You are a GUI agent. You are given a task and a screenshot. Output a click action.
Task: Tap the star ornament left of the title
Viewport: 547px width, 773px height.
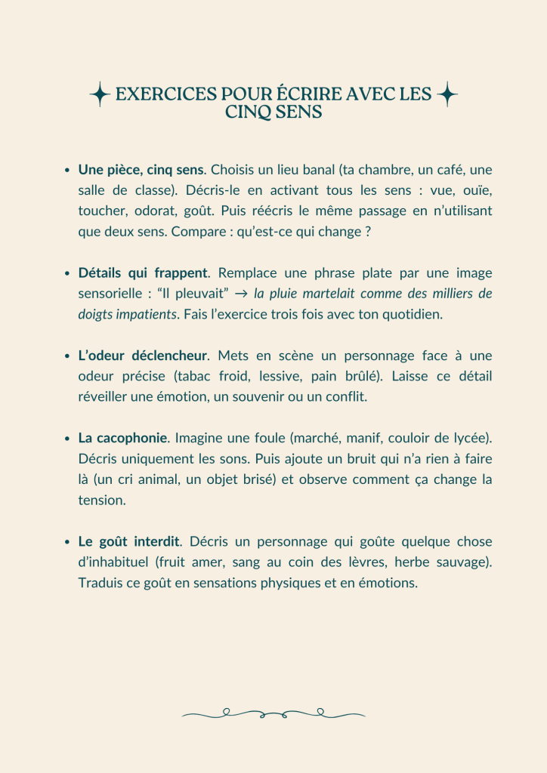tap(100, 95)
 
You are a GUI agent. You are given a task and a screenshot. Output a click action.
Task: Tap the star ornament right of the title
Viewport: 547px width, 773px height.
tap(447, 94)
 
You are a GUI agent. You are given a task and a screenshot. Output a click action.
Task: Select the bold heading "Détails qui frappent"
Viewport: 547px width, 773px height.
tap(143, 273)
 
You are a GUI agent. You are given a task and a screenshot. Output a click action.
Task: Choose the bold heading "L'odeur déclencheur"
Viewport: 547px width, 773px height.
tap(143, 355)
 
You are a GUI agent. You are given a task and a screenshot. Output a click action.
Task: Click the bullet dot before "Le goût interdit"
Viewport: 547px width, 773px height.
tap(68, 542)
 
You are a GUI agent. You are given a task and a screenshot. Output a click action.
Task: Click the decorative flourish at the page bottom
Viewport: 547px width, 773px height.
tap(273, 713)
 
